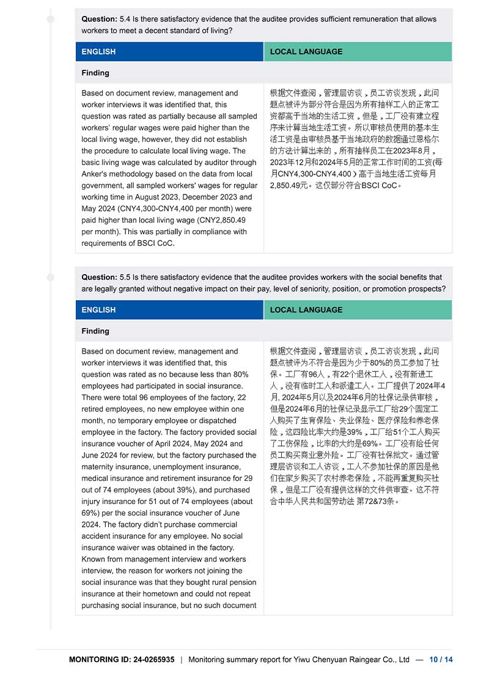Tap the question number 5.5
(x=126, y=277)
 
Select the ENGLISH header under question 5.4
(x=98, y=51)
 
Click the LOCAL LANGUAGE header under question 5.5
(x=306, y=310)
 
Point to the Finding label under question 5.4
(x=95, y=73)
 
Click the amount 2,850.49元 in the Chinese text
(x=291, y=185)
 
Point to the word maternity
(x=98, y=467)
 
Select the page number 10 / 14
(x=441, y=660)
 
